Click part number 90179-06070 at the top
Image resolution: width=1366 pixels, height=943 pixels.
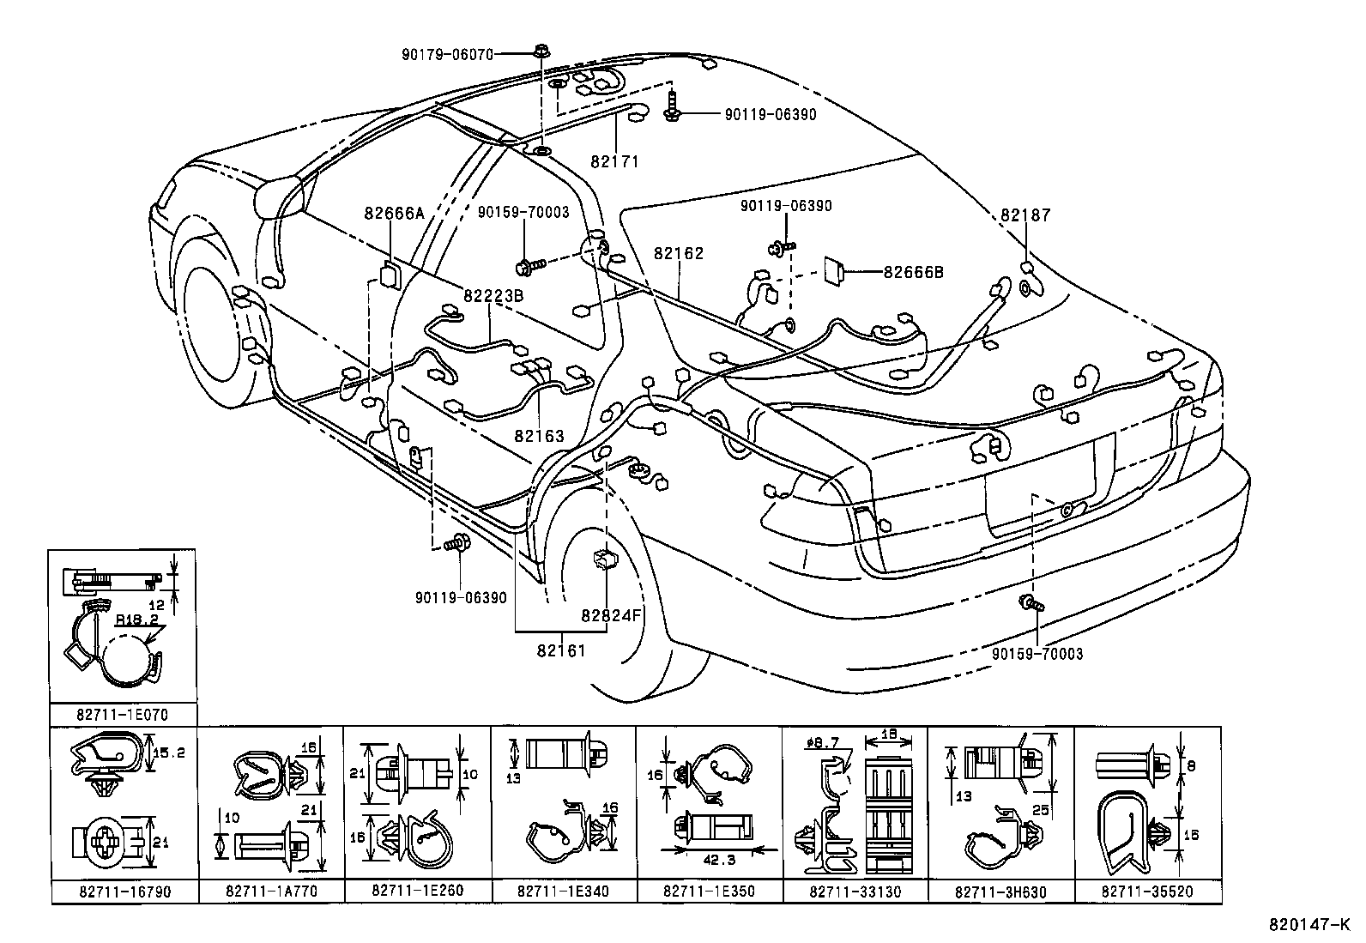coord(447,54)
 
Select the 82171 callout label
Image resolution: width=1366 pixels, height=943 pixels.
coord(614,161)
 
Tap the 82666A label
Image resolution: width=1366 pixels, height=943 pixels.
coord(394,215)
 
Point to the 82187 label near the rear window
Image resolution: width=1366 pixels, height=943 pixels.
coord(1024,216)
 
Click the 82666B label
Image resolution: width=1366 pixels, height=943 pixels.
coord(913,272)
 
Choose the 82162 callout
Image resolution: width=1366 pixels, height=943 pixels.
coord(678,254)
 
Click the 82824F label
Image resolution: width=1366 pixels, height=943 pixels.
coord(611,615)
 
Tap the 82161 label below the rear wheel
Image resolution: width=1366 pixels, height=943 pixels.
coord(561,650)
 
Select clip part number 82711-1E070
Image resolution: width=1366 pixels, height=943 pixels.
coord(122,714)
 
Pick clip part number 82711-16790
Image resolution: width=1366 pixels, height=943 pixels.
coord(124,892)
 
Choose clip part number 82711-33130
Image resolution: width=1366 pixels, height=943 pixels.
coord(855,892)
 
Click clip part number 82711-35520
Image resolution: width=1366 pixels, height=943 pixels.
coord(1147,892)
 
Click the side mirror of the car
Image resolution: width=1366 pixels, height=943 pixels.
coord(280,196)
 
